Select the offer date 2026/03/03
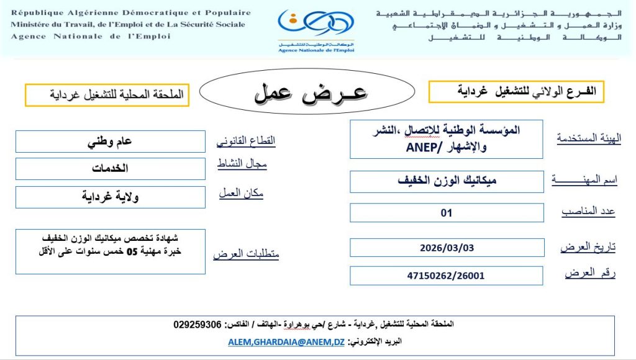click(447, 248)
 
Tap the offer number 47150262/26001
click(447, 276)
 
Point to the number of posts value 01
click(447, 213)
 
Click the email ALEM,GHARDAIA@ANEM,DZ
click(286, 342)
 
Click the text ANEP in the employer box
click(423, 148)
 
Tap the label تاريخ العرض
click(588, 247)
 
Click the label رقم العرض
click(590, 273)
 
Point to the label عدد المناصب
click(588, 212)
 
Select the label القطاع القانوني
click(245, 141)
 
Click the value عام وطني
click(110, 141)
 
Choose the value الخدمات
click(110, 168)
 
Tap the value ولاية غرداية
click(110, 197)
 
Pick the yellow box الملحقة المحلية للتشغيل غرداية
click(107, 95)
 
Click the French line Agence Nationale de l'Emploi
click(91, 36)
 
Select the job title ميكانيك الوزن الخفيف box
click(447, 181)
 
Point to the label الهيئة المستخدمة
click(586, 138)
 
